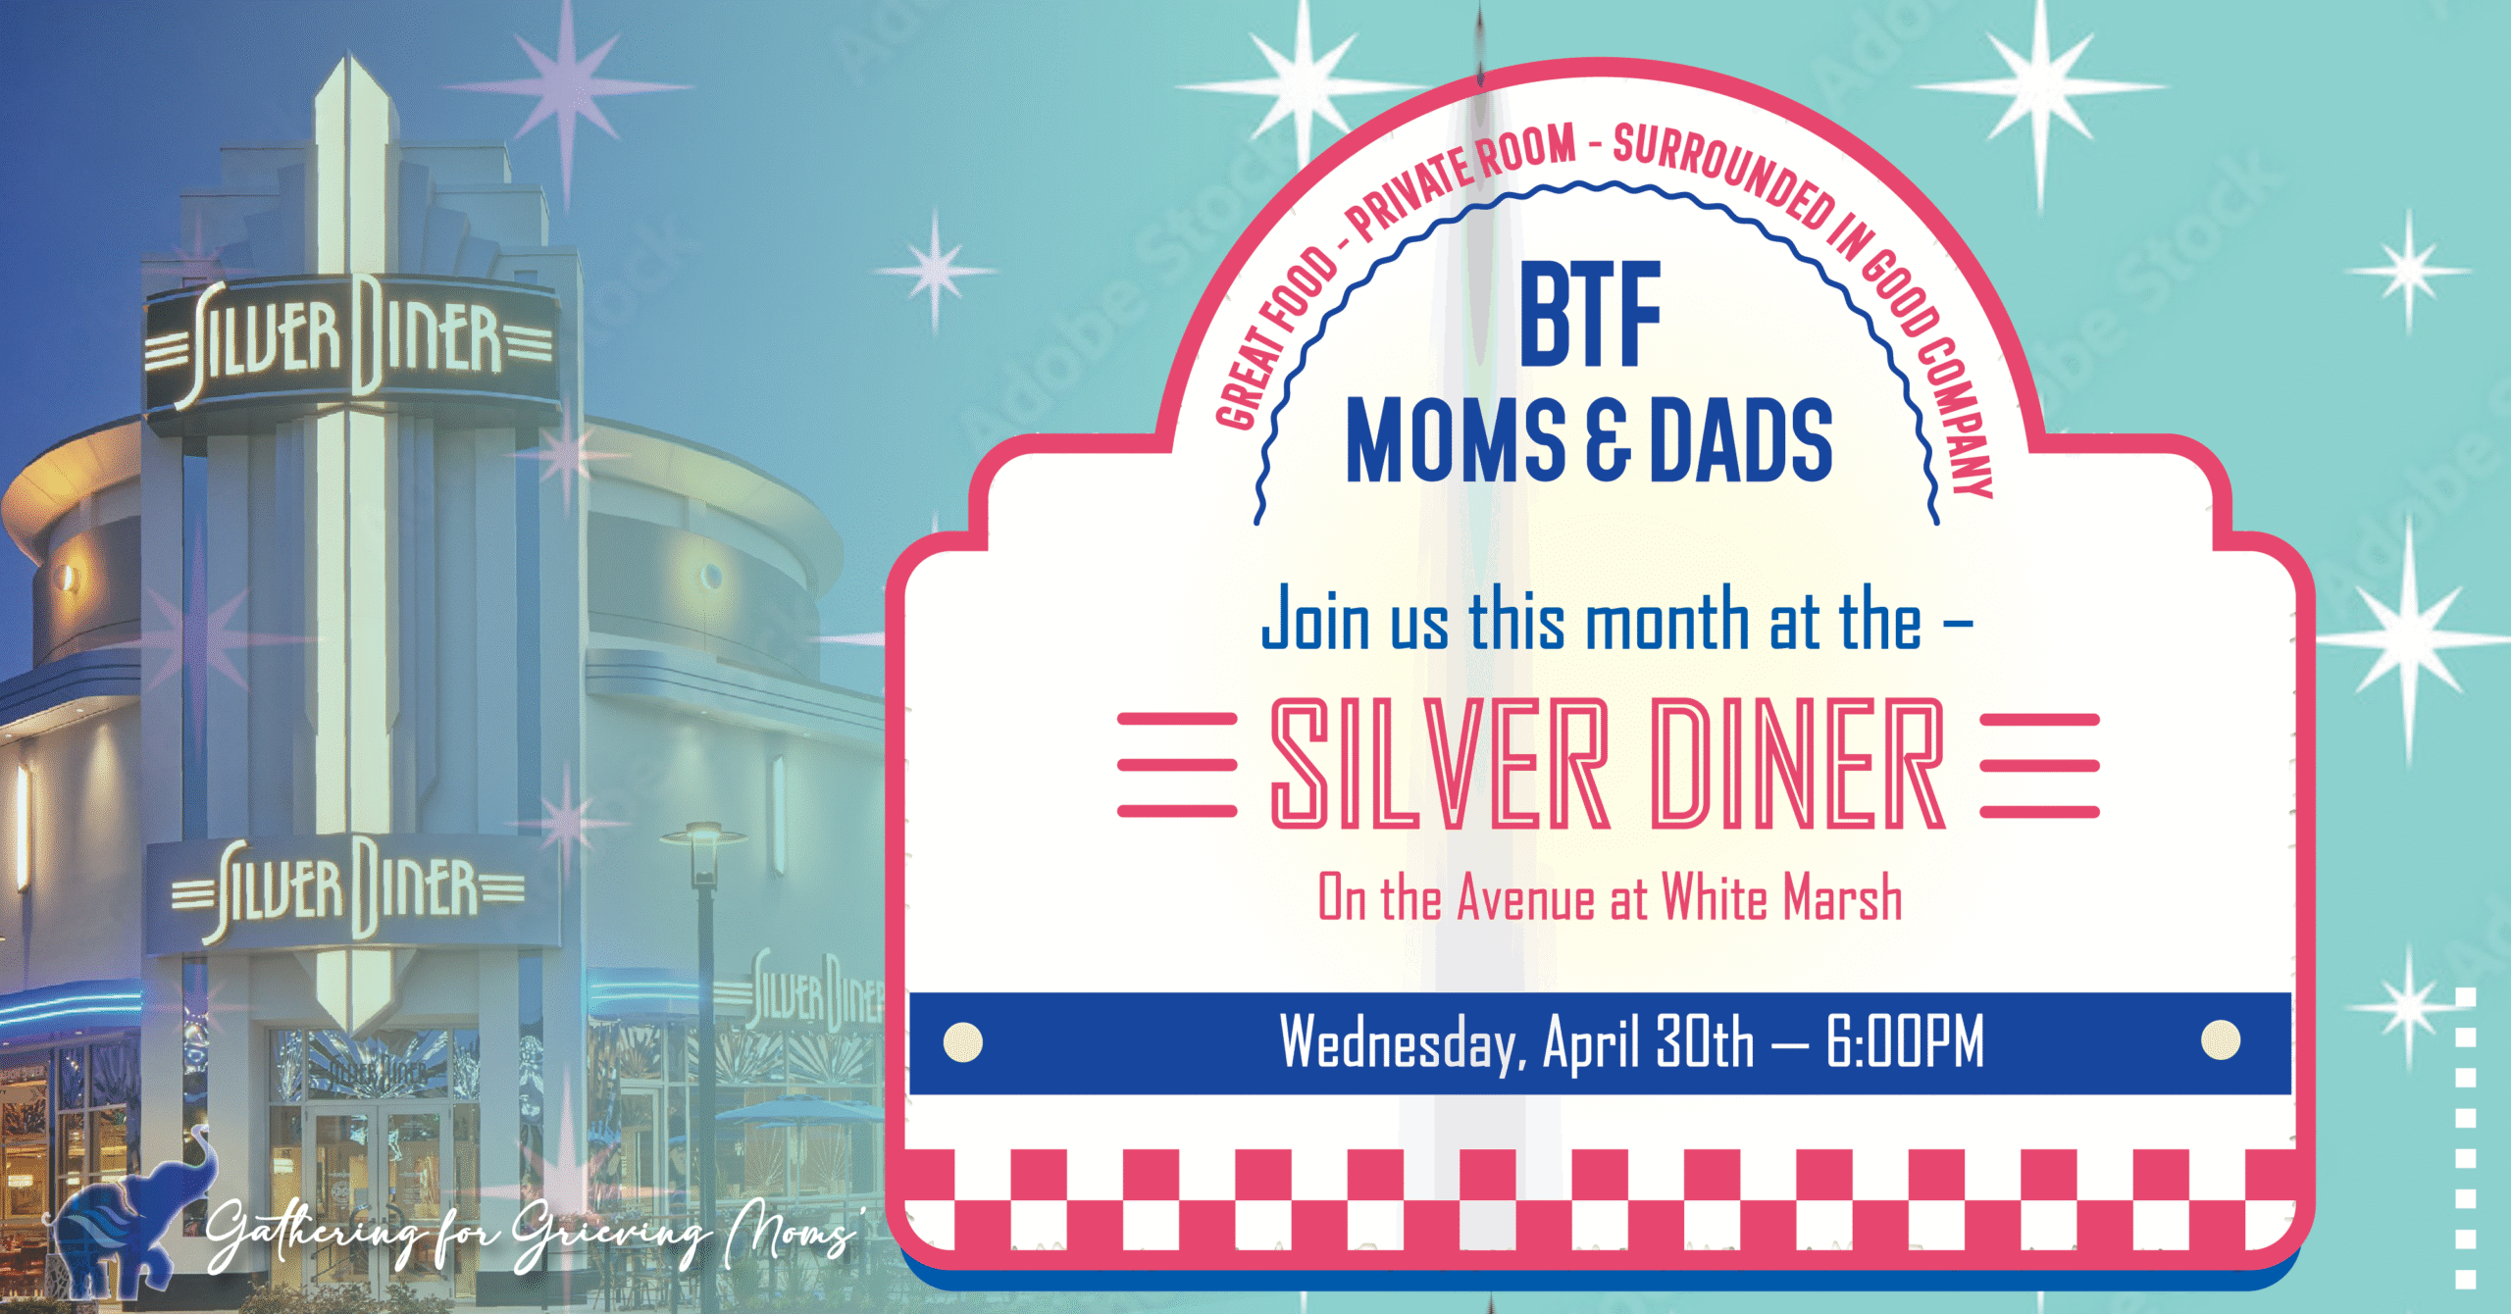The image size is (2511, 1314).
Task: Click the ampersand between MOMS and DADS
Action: pos(1609,441)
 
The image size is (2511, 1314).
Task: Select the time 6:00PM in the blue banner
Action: pos(1905,1041)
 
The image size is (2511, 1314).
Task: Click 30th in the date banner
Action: pos(1705,1041)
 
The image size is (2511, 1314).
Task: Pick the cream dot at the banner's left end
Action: pos(963,1042)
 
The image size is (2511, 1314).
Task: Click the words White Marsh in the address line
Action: pos(1781,897)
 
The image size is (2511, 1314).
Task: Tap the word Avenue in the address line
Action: pos(1526,897)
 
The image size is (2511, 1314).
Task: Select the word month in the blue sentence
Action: pos(1666,621)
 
